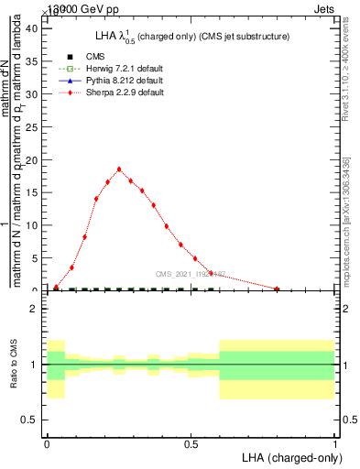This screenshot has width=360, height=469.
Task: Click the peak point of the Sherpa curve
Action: tap(119, 169)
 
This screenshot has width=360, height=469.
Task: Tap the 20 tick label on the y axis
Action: tap(31, 159)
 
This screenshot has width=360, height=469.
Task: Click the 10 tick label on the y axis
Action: tap(31, 225)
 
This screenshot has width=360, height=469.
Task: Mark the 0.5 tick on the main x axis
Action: tap(191, 290)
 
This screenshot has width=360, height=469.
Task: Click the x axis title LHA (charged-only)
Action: tap(290, 456)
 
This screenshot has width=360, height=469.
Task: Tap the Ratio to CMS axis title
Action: tap(14, 365)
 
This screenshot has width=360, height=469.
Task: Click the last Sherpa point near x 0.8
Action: tap(277, 289)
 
